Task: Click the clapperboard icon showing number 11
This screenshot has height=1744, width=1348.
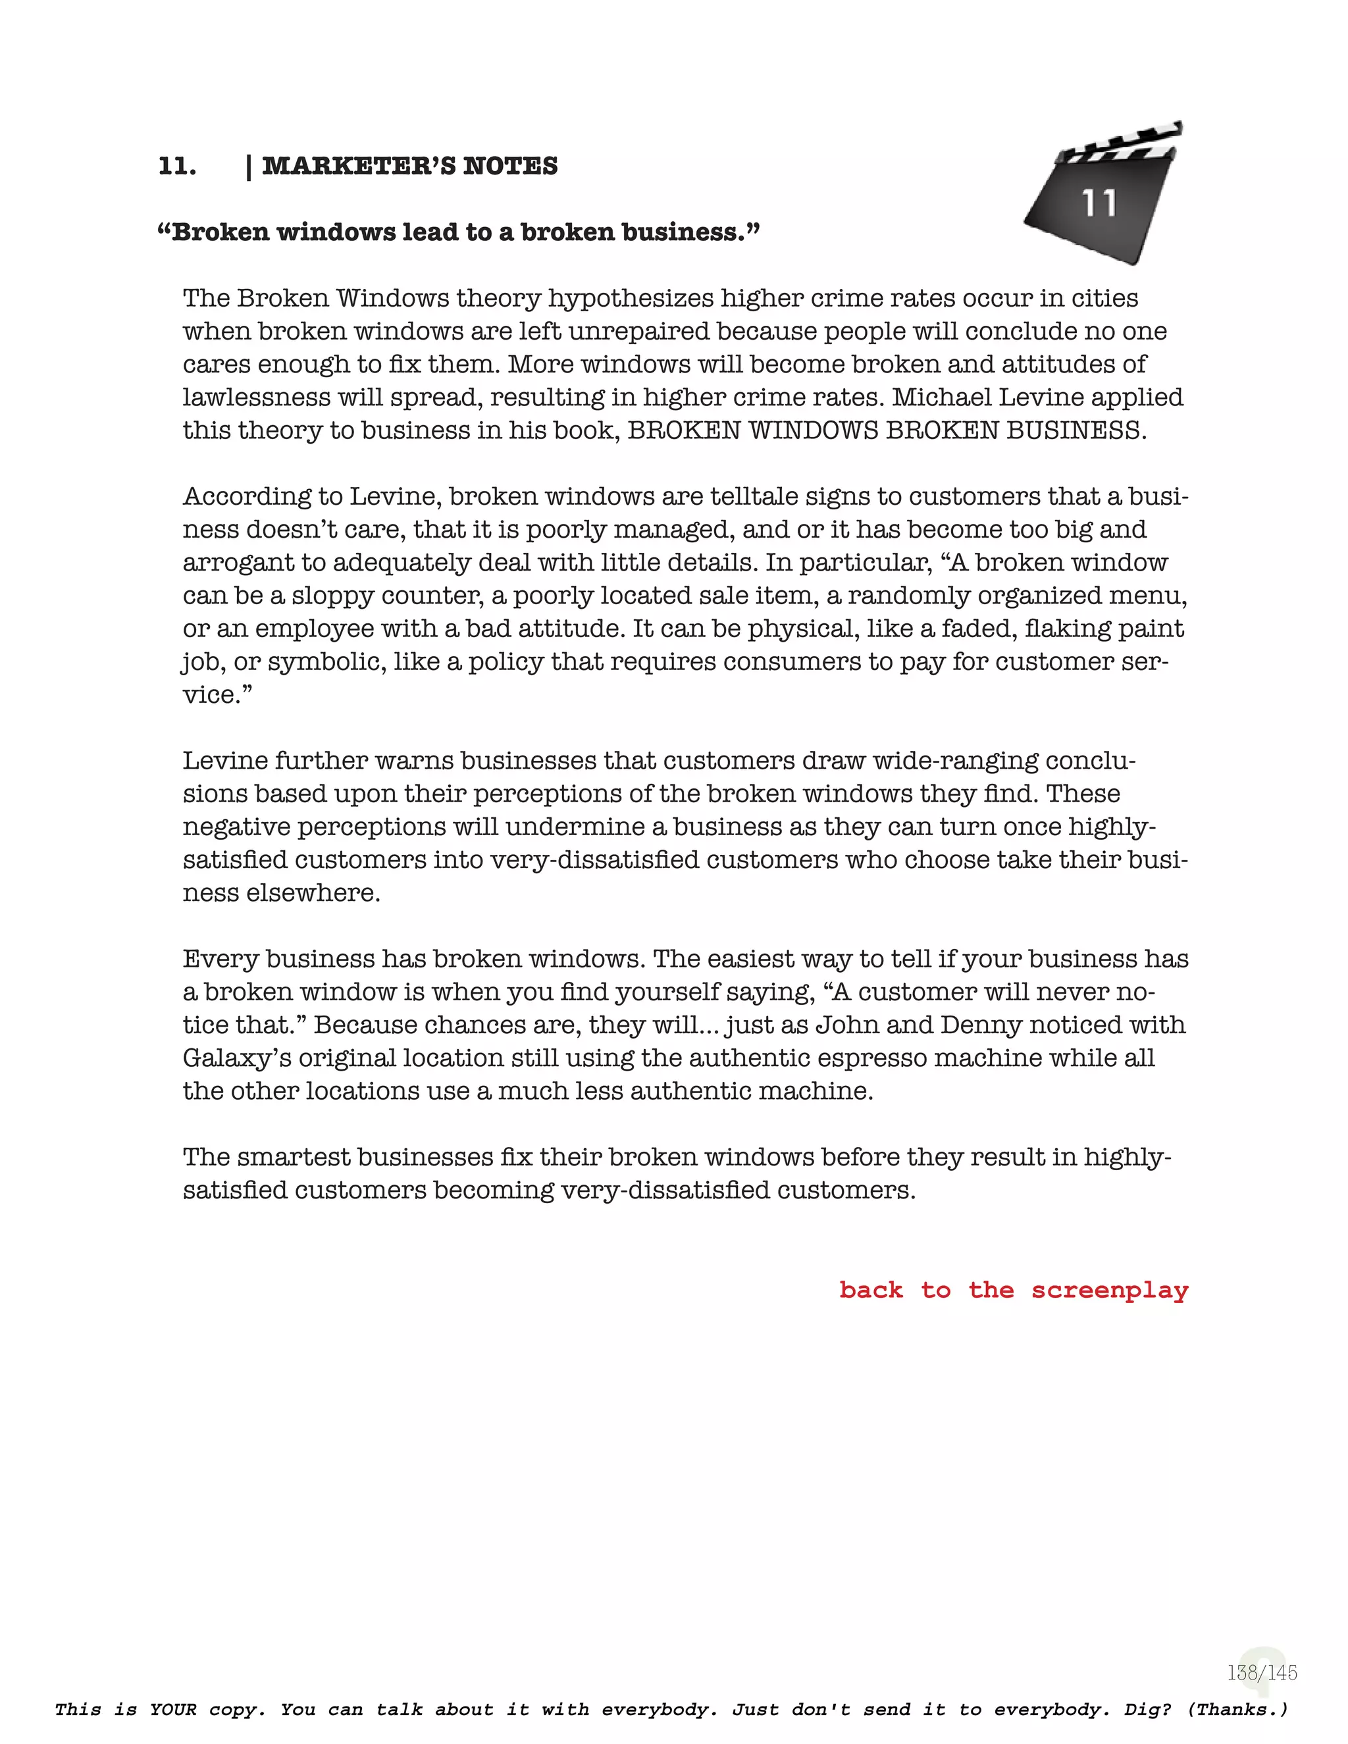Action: (x=1102, y=195)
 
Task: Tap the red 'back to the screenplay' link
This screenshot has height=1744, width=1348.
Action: (x=1014, y=1290)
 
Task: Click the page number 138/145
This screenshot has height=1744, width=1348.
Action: (x=1262, y=1672)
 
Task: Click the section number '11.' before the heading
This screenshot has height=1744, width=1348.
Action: (x=177, y=166)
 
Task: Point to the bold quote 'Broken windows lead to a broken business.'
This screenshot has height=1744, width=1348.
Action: (x=459, y=232)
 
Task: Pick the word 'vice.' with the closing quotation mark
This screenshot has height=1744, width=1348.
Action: (x=217, y=695)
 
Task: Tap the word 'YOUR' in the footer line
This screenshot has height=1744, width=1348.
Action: (x=173, y=1710)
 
